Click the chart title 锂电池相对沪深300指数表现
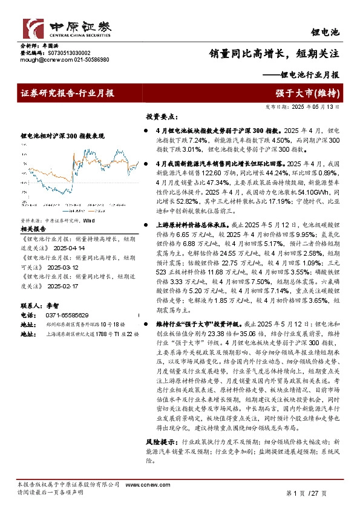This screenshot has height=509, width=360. (x=58, y=137)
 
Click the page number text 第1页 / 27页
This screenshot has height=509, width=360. (x=307, y=493)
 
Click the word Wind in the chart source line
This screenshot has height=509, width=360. (x=90, y=205)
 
